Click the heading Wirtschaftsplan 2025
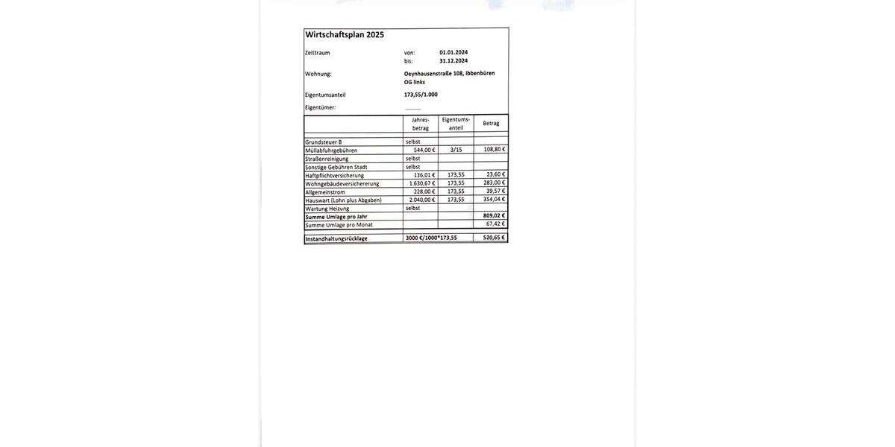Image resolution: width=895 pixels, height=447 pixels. pyautogui.click(x=345, y=35)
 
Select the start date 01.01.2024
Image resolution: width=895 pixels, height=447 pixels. pyautogui.click(x=453, y=52)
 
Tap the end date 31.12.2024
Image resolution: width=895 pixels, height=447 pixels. pyautogui.click(x=453, y=61)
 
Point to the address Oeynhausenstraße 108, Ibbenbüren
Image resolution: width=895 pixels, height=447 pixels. pyautogui.click(x=449, y=73)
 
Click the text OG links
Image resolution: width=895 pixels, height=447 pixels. pyautogui.click(x=415, y=82)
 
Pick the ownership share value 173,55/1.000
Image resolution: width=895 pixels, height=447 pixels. pyautogui.click(x=421, y=95)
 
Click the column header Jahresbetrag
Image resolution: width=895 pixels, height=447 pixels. pyautogui.click(x=421, y=124)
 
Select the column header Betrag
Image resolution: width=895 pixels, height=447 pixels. pyautogui.click(x=491, y=123)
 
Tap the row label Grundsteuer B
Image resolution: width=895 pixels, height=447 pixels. pyautogui.click(x=324, y=142)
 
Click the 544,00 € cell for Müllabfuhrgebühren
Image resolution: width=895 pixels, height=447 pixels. pyautogui.click(x=424, y=150)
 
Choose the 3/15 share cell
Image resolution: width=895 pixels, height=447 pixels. pyautogui.click(x=456, y=150)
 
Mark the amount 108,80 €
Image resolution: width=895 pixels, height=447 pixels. pyautogui.click(x=494, y=149)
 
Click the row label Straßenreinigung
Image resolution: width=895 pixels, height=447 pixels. pyautogui.click(x=327, y=159)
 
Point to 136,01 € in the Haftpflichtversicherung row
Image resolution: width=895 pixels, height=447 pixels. pyautogui.click(x=424, y=175)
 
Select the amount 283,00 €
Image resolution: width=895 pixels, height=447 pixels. pyautogui.click(x=494, y=183)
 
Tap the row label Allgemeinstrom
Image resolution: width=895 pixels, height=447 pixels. pyautogui.click(x=325, y=192)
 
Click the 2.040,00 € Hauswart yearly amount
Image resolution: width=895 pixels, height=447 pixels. pyautogui.click(x=422, y=200)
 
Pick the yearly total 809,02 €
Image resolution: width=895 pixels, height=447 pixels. pyautogui.click(x=494, y=216)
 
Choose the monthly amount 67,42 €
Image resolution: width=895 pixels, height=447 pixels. pyautogui.click(x=495, y=223)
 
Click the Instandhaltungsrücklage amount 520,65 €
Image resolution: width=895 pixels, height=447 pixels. pyautogui.click(x=494, y=238)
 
